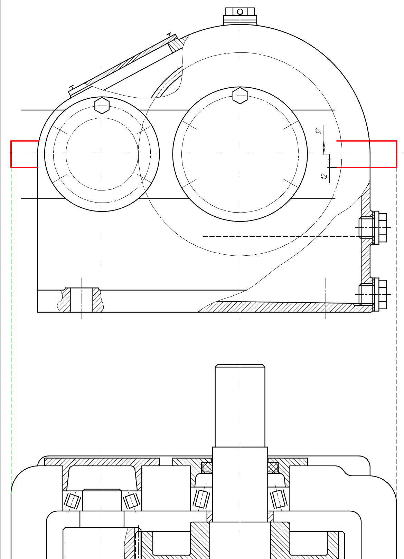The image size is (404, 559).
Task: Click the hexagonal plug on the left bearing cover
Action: (102, 106)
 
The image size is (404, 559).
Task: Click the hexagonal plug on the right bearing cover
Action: (240, 95)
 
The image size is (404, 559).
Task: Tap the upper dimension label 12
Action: (318, 131)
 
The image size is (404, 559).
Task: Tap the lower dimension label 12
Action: (324, 176)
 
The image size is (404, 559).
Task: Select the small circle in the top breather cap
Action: (240, 11)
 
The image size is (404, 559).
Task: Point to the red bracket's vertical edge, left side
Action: (11, 154)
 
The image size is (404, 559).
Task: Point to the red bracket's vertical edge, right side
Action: (397, 154)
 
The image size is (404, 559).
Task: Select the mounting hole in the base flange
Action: (82, 300)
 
